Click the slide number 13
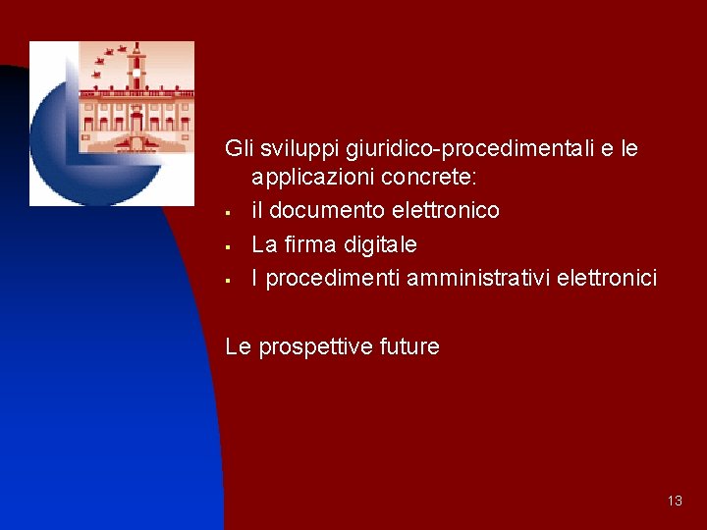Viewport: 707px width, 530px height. [674, 501]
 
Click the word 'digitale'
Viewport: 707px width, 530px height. [377, 243]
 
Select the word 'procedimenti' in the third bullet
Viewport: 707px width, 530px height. [333, 279]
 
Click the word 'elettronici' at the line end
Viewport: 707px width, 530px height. [606, 278]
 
